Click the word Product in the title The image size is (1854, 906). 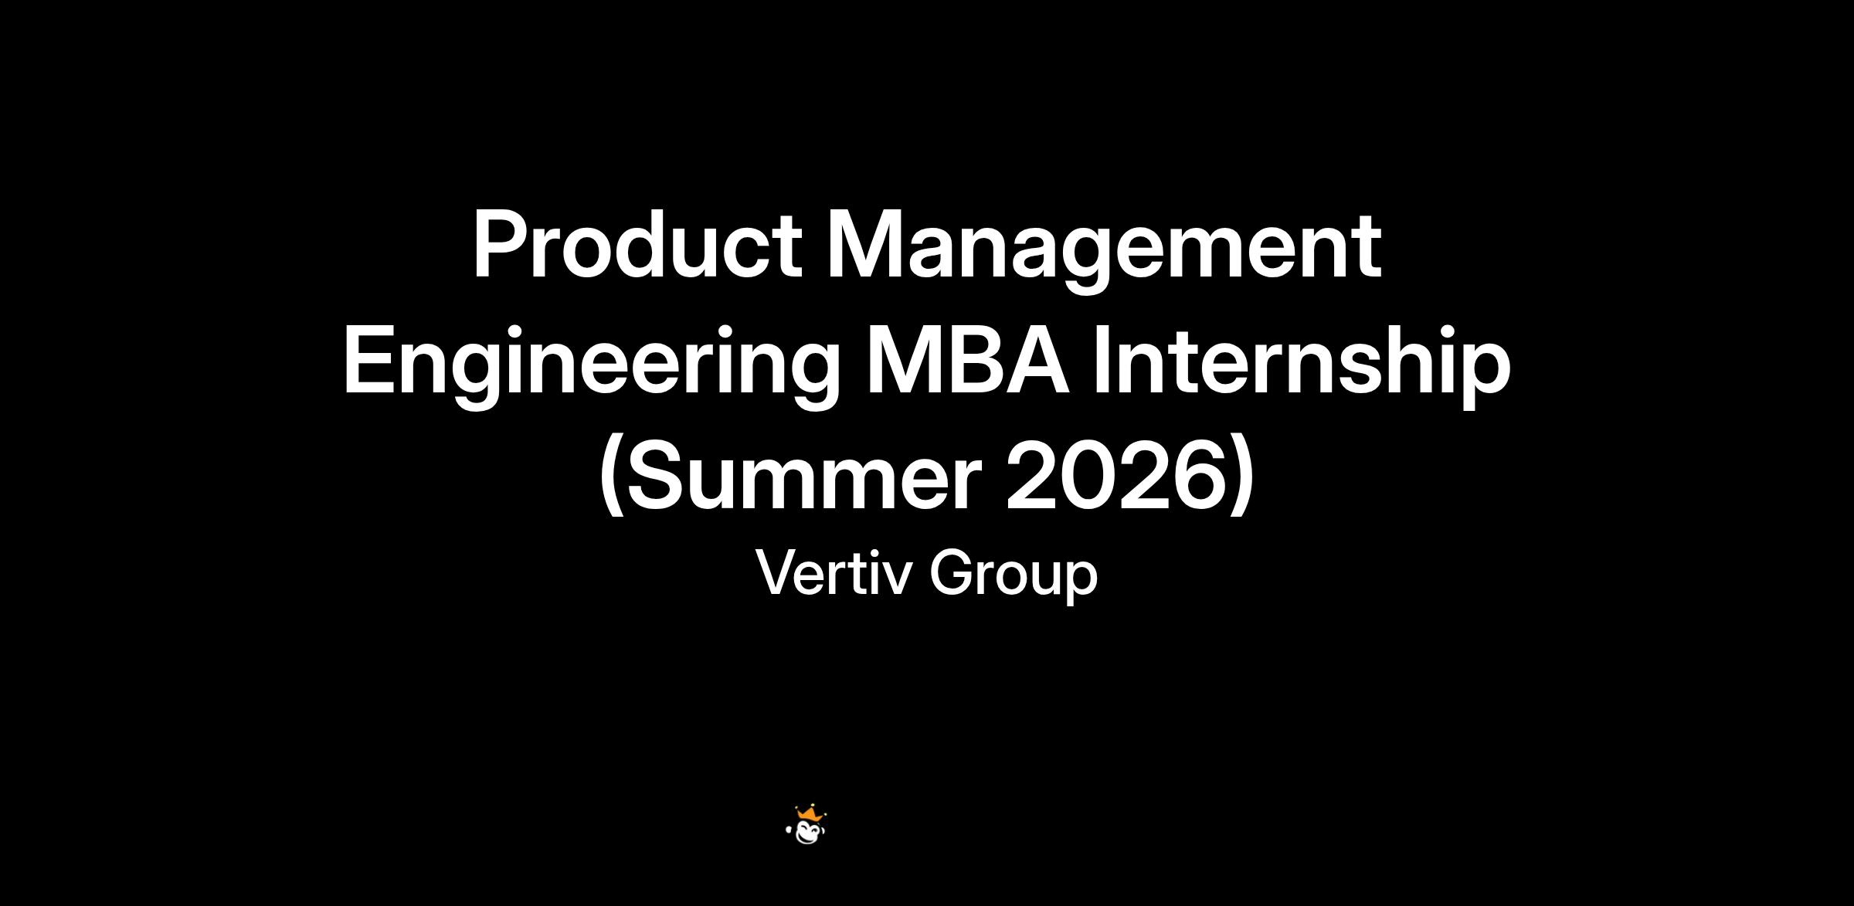638,245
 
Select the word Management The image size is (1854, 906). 1104,252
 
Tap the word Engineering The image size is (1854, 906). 592,368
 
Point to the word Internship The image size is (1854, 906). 1302,368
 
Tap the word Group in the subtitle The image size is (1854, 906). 1014,577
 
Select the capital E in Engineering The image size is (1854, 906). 369,360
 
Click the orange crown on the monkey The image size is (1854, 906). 808,813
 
